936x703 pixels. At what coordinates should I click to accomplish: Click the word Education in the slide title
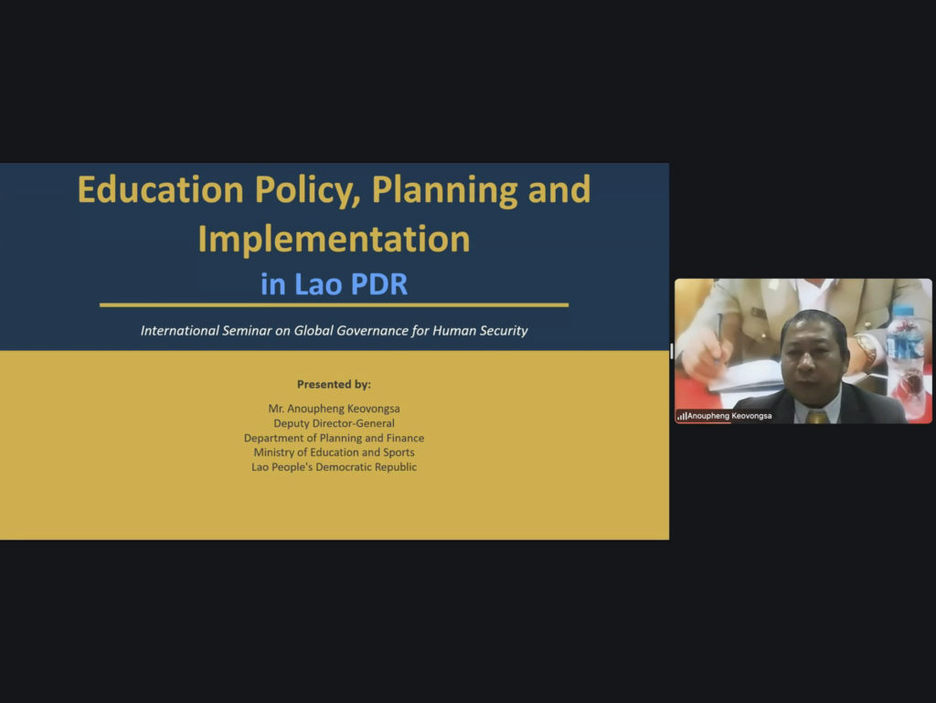click(x=161, y=189)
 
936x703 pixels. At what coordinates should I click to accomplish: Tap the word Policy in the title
click(x=307, y=191)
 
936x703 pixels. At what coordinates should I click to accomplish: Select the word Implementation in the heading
click(x=334, y=240)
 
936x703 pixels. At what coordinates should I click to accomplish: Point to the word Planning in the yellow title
click(x=445, y=191)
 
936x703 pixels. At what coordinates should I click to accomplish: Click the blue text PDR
click(x=379, y=284)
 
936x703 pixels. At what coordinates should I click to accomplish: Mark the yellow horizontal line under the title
click(x=334, y=305)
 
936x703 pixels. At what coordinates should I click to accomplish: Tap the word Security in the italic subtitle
click(x=504, y=331)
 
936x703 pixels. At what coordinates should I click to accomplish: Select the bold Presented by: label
click(x=334, y=384)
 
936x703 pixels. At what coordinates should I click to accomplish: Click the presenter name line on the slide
click(x=334, y=409)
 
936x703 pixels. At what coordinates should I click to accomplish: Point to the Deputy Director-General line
click(x=334, y=423)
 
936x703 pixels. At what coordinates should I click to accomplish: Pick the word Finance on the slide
click(x=405, y=438)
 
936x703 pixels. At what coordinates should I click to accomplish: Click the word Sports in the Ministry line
click(x=399, y=453)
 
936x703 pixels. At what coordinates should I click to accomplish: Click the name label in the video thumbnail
click(x=729, y=416)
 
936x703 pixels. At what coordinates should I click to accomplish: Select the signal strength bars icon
click(x=681, y=416)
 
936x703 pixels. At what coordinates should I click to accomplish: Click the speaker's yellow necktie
click(x=816, y=416)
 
